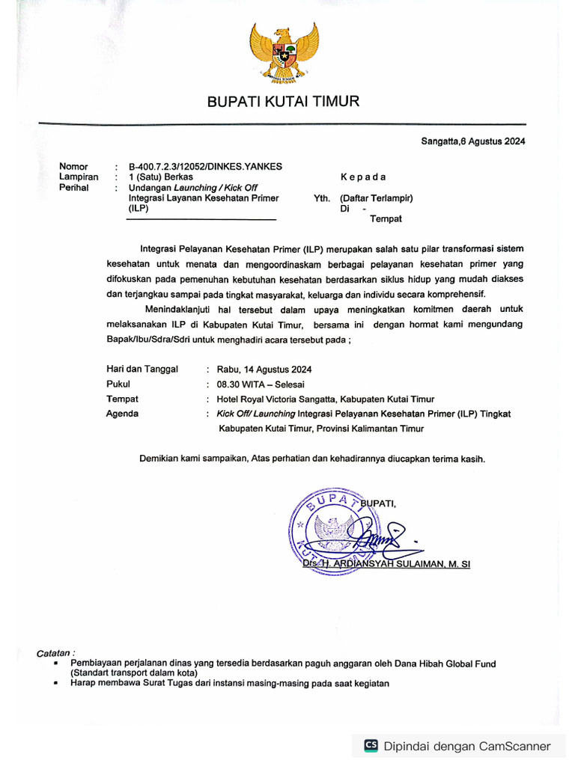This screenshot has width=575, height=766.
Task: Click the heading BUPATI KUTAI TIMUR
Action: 283,101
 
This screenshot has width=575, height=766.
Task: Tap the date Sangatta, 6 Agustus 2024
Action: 472,141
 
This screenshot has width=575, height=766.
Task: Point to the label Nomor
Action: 73,166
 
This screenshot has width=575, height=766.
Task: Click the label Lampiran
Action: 79,177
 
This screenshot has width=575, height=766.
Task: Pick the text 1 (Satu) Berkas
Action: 161,177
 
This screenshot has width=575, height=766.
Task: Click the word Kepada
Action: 363,177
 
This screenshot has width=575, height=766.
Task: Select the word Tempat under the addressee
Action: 386,219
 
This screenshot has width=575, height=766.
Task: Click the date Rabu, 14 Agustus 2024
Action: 264,370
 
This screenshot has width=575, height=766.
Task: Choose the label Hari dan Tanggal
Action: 142,370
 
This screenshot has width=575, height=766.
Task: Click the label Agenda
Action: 122,414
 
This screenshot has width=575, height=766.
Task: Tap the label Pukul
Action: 118,384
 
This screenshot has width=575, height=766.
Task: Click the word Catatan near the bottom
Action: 55,653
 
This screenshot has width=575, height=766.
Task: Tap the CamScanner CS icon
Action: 371,745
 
